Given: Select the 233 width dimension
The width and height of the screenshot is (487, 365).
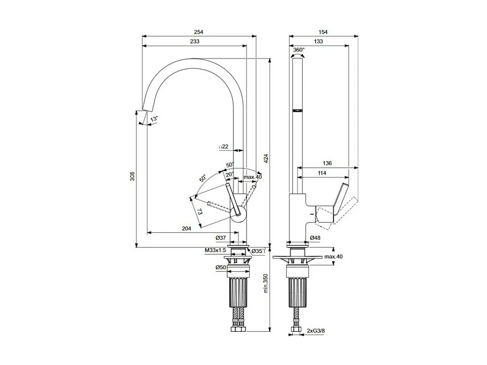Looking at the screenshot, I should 194,41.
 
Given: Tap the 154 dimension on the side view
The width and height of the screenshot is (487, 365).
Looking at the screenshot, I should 323,32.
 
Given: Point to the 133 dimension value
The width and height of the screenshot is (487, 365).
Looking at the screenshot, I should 318,41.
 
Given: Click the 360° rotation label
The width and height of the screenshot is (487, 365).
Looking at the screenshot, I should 299,50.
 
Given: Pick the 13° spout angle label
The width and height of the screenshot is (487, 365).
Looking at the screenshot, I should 154,119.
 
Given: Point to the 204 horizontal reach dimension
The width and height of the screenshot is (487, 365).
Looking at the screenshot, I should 186,228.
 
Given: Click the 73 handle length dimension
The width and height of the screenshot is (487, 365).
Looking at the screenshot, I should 200,212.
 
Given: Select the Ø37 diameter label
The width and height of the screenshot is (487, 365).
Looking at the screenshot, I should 221,237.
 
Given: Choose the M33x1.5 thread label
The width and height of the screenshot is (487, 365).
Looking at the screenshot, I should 215,250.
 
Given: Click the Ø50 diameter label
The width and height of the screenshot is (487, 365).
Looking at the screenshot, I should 221,267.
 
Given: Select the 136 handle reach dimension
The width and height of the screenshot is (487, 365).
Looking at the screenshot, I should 327,163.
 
